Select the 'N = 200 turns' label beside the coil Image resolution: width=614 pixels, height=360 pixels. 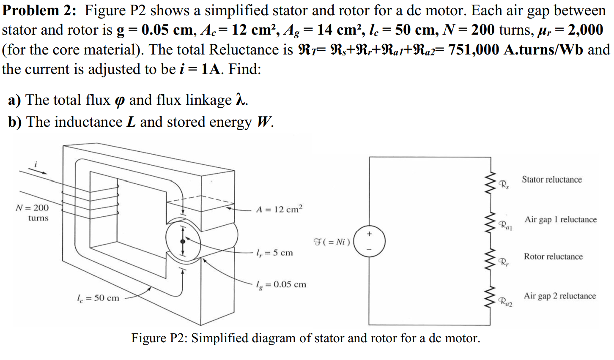pyautogui.click(x=33, y=213)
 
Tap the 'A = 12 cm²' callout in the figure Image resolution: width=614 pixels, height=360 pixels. pyautogui.click(x=279, y=209)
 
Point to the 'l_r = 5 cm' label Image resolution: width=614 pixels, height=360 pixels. pyautogui.click(x=274, y=253)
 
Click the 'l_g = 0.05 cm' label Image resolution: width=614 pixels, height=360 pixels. pyautogui.click(x=281, y=284)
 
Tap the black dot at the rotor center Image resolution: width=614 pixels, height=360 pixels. pyautogui.click(x=183, y=241)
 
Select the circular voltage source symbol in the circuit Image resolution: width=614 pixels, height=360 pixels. pyautogui.click(x=369, y=241)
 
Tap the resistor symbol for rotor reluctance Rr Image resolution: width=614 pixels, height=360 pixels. pyautogui.click(x=491, y=259)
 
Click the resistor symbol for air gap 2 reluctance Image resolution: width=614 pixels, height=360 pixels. pyautogui.click(x=491, y=297)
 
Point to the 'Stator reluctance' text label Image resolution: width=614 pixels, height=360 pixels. pyautogui.click(x=551, y=180)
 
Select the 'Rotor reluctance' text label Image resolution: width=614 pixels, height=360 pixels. pyautogui.click(x=553, y=256)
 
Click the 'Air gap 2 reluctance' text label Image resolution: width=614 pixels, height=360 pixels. pyautogui.click(x=560, y=296)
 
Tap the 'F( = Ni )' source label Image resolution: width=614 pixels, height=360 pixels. pyautogui.click(x=332, y=242)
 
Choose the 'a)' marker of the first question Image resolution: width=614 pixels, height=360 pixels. pyautogui.click(x=15, y=100)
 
